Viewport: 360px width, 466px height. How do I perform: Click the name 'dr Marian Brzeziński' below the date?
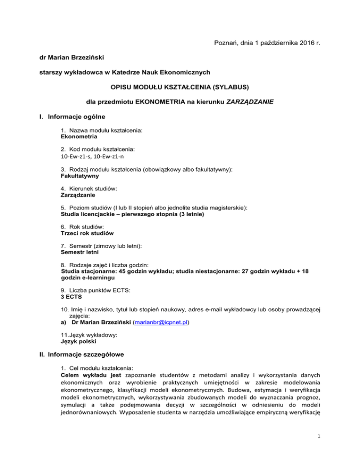[74, 60]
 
